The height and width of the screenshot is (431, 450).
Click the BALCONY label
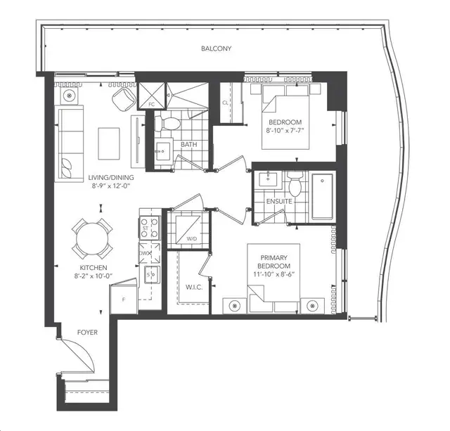(215, 49)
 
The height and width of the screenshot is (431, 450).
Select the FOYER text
(89, 331)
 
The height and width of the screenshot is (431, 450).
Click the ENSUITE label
(279, 201)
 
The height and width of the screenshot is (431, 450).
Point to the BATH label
(189, 146)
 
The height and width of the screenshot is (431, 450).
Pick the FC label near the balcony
(150, 105)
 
